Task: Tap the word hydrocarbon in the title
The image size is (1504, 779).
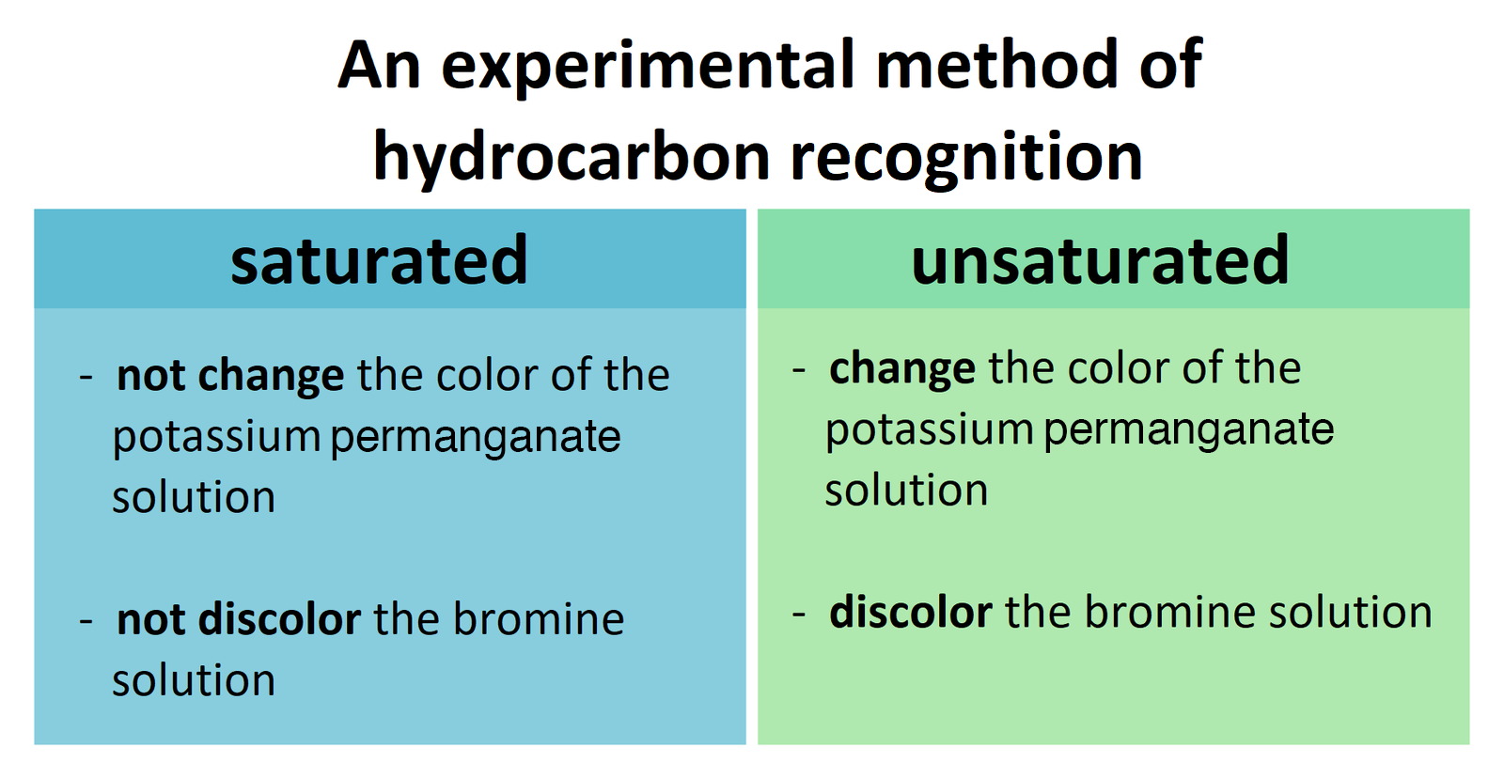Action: pyautogui.click(x=572, y=156)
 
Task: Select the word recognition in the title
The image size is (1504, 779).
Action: pyautogui.click(x=966, y=156)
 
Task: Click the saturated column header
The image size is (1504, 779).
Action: pyautogui.click(x=379, y=260)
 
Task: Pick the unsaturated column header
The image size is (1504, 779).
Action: pyautogui.click(x=1100, y=260)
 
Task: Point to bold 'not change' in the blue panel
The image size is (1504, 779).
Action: pyautogui.click(x=230, y=376)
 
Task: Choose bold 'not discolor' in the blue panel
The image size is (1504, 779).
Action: pyautogui.click(x=239, y=619)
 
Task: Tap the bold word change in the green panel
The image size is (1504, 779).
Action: pyautogui.click(x=902, y=368)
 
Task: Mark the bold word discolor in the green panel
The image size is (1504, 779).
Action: pyautogui.click(x=910, y=613)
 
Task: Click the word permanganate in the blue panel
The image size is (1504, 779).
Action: pyautogui.click(x=476, y=438)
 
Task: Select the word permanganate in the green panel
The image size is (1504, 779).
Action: pyautogui.click(x=1188, y=430)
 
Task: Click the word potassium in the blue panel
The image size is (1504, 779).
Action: pyautogui.click(x=217, y=438)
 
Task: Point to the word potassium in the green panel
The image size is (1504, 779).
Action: pyautogui.click(x=930, y=430)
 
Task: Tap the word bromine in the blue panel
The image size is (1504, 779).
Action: pyautogui.click(x=539, y=619)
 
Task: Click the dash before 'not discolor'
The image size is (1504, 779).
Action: pyautogui.click(x=86, y=621)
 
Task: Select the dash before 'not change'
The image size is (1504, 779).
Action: pyautogui.click(x=86, y=377)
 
